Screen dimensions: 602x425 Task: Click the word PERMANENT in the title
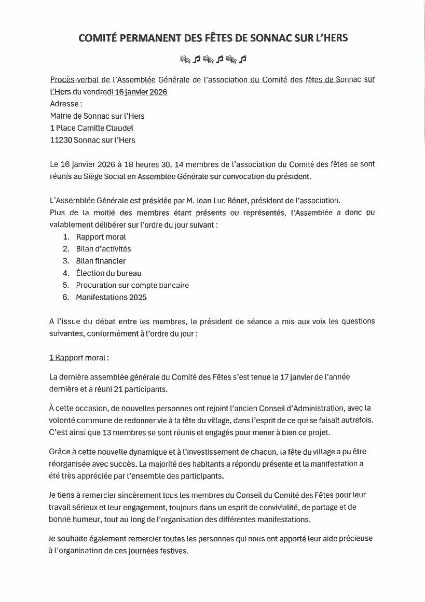coord(148,38)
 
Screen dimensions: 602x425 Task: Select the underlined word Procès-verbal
coord(75,79)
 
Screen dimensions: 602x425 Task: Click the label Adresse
coord(66,104)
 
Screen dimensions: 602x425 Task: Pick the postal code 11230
coord(61,140)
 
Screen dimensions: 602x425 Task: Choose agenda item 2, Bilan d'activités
coord(103,249)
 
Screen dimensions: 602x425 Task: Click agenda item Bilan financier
coord(101,261)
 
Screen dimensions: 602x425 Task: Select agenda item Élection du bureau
coord(108,273)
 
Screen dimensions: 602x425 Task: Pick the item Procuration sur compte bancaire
coord(132,285)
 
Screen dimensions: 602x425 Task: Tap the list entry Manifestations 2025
coord(111,297)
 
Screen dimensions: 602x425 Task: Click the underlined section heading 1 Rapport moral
coord(79,358)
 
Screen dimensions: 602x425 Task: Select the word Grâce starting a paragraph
coord(60,452)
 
